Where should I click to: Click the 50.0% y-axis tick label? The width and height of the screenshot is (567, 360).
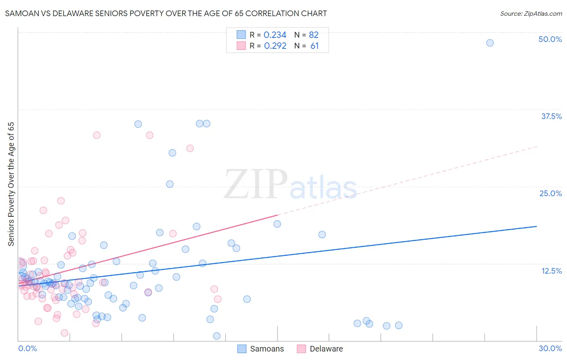tap(550, 39)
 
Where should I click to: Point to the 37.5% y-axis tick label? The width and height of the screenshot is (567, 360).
tap(551, 116)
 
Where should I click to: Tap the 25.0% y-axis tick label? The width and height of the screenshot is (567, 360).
tap(550, 193)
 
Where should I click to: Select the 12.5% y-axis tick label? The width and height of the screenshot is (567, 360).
tap(551, 271)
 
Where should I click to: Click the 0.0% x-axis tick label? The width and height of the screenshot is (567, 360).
tap(27, 348)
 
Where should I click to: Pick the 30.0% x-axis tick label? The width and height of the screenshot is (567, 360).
tap(550, 348)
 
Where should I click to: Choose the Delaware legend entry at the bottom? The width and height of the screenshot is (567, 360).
tap(320, 349)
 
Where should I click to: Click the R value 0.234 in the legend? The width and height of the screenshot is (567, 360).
tap(275, 35)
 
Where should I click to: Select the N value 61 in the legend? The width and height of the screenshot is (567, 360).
tap(315, 46)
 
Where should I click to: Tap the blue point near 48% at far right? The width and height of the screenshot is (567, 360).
tap(490, 43)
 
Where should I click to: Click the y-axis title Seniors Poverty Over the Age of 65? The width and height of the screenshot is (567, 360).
tap(11, 184)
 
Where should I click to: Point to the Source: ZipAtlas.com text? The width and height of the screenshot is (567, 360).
tap(531, 13)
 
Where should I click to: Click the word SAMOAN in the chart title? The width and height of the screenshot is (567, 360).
tap(20, 13)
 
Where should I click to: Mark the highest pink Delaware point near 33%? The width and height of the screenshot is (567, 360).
tap(97, 135)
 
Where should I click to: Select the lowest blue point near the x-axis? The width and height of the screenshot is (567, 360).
tap(217, 336)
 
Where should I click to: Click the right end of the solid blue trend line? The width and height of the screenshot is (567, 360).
tap(536, 226)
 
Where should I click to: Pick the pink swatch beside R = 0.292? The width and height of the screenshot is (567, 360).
tap(241, 46)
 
